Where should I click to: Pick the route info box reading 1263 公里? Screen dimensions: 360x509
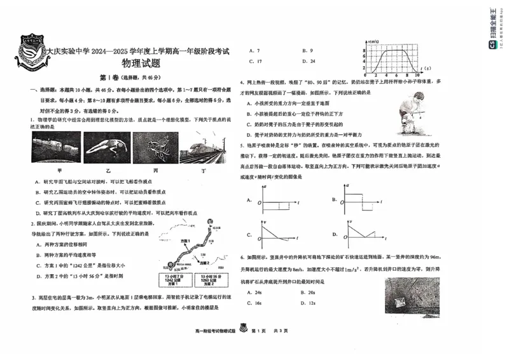click(x=210, y=280)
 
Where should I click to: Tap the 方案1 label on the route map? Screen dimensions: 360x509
click(x=185, y=242)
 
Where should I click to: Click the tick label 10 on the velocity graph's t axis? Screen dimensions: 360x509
click(x=417, y=74)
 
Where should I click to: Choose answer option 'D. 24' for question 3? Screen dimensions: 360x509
click(x=309, y=61)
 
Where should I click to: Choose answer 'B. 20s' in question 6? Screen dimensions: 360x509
click(x=309, y=293)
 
